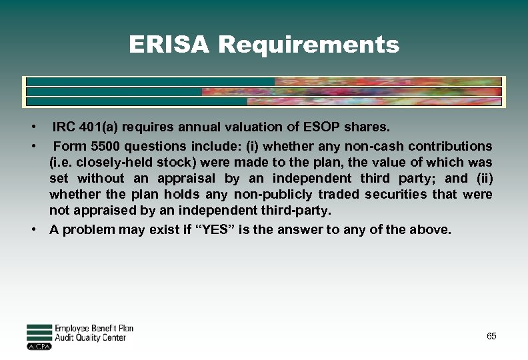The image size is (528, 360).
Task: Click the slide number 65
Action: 491,336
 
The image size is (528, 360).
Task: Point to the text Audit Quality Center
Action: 90,338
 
